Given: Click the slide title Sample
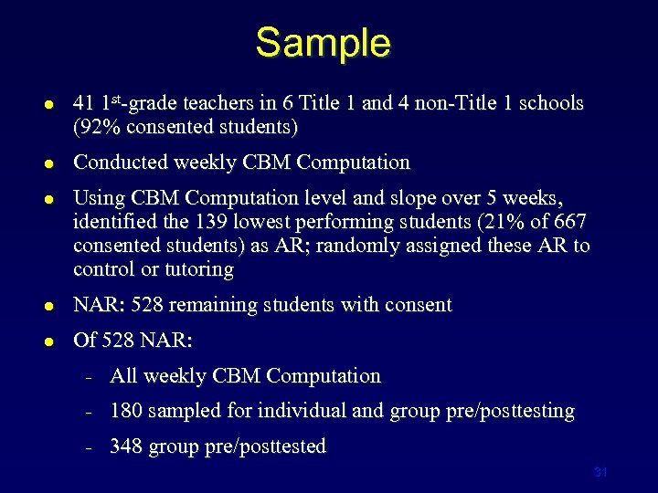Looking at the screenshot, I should click(323, 42).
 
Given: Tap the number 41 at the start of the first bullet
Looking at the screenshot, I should click(84, 103).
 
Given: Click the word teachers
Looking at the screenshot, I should click(211, 103).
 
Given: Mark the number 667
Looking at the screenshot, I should click(569, 222).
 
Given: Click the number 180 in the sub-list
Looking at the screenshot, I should click(126, 412).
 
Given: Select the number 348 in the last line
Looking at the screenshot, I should click(126, 446).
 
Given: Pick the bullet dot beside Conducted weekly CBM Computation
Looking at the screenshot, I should click(48, 163).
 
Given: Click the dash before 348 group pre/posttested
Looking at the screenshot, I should click(89, 447).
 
